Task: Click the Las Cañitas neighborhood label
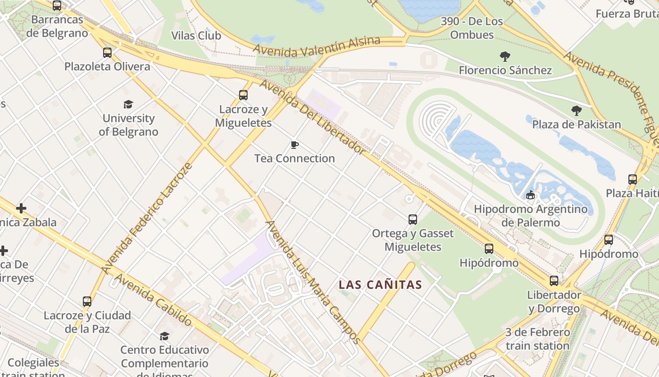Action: pyautogui.click(x=380, y=285)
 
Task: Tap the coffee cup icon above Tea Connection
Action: pyautogui.click(x=295, y=145)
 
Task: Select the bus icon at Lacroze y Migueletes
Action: pyautogui.click(x=243, y=95)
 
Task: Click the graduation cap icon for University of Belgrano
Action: pyautogui.click(x=128, y=104)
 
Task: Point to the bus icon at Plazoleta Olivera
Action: pyautogui.click(x=107, y=53)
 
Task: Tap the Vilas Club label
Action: pyautogui.click(x=196, y=36)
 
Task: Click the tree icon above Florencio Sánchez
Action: pyautogui.click(x=505, y=57)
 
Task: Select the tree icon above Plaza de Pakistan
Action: pyautogui.click(x=577, y=111)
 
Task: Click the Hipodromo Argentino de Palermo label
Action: pyautogui.click(x=530, y=215)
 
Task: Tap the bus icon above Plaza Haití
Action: pyautogui.click(x=633, y=180)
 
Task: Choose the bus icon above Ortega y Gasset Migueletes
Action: pyautogui.click(x=413, y=220)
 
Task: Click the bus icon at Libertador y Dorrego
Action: pyautogui.click(x=554, y=281)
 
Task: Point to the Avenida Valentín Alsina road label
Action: pyautogui.click(x=316, y=46)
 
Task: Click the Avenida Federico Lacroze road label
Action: pyautogui.click(x=147, y=218)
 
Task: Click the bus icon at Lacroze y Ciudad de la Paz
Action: pyautogui.click(x=87, y=302)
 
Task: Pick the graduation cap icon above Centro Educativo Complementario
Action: pyautogui.click(x=164, y=336)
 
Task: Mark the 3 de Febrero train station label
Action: pyautogui.click(x=538, y=339)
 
